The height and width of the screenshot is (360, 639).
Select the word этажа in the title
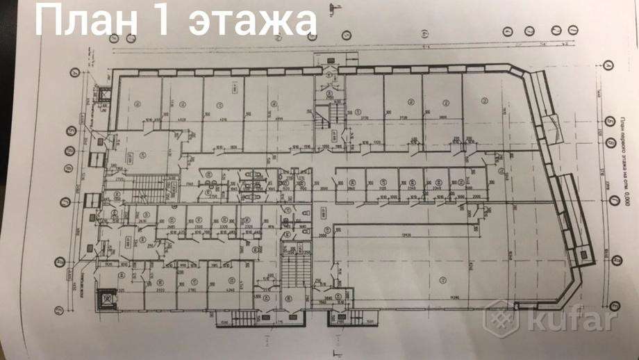(251, 22)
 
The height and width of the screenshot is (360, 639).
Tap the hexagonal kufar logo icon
(505, 321)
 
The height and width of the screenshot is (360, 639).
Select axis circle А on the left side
(75, 72)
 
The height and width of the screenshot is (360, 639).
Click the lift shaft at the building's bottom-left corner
(106, 297)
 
